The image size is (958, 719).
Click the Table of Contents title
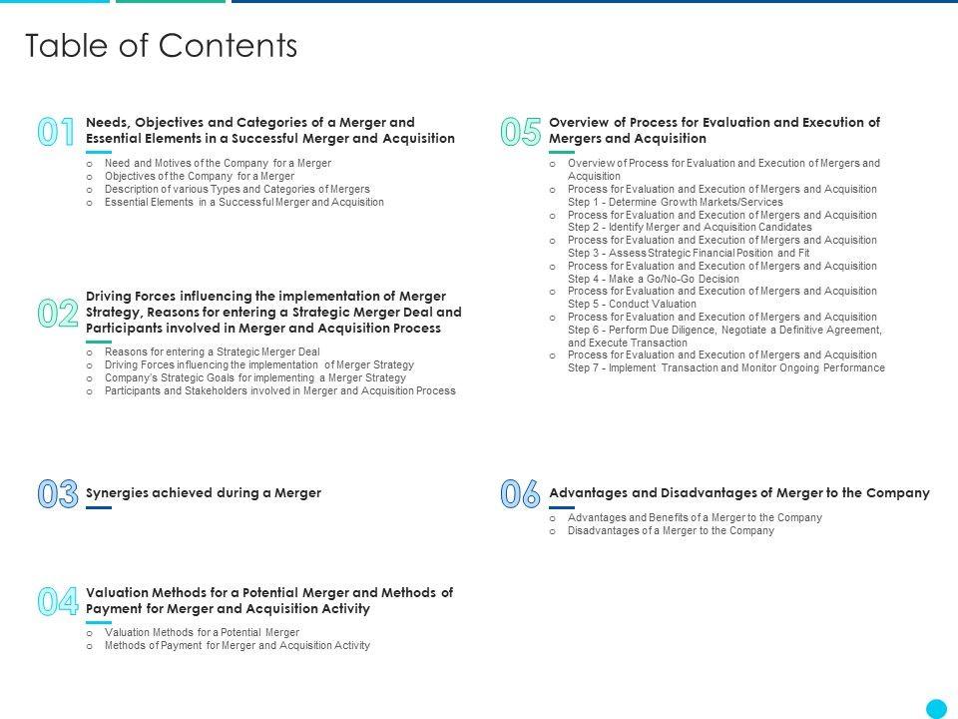click(161, 46)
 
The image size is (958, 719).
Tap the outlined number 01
click(57, 133)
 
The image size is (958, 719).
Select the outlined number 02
click(58, 315)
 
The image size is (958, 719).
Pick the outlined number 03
click(58, 494)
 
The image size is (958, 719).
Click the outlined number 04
click(58, 602)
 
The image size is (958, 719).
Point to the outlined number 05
click(520, 133)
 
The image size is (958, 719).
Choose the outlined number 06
click(520, 494)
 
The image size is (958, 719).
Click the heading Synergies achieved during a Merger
click(204, 492)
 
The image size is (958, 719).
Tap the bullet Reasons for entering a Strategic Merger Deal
click(212, 352)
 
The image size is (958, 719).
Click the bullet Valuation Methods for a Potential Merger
click(202, 632)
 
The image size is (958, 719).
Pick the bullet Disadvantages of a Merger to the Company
click(671, 531)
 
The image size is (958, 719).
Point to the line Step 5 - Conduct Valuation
click(632, 304)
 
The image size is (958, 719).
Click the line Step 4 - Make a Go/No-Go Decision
click(654, 279)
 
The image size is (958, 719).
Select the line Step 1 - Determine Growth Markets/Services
click(675, 202)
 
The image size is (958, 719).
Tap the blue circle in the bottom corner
click(936, 708)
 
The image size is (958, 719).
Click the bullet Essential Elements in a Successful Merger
click(243, 202)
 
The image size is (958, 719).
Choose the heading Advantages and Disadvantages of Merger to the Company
click(739, 492)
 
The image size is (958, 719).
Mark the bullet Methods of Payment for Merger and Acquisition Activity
click(237, 645)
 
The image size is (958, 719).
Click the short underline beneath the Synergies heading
click(99, 508)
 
